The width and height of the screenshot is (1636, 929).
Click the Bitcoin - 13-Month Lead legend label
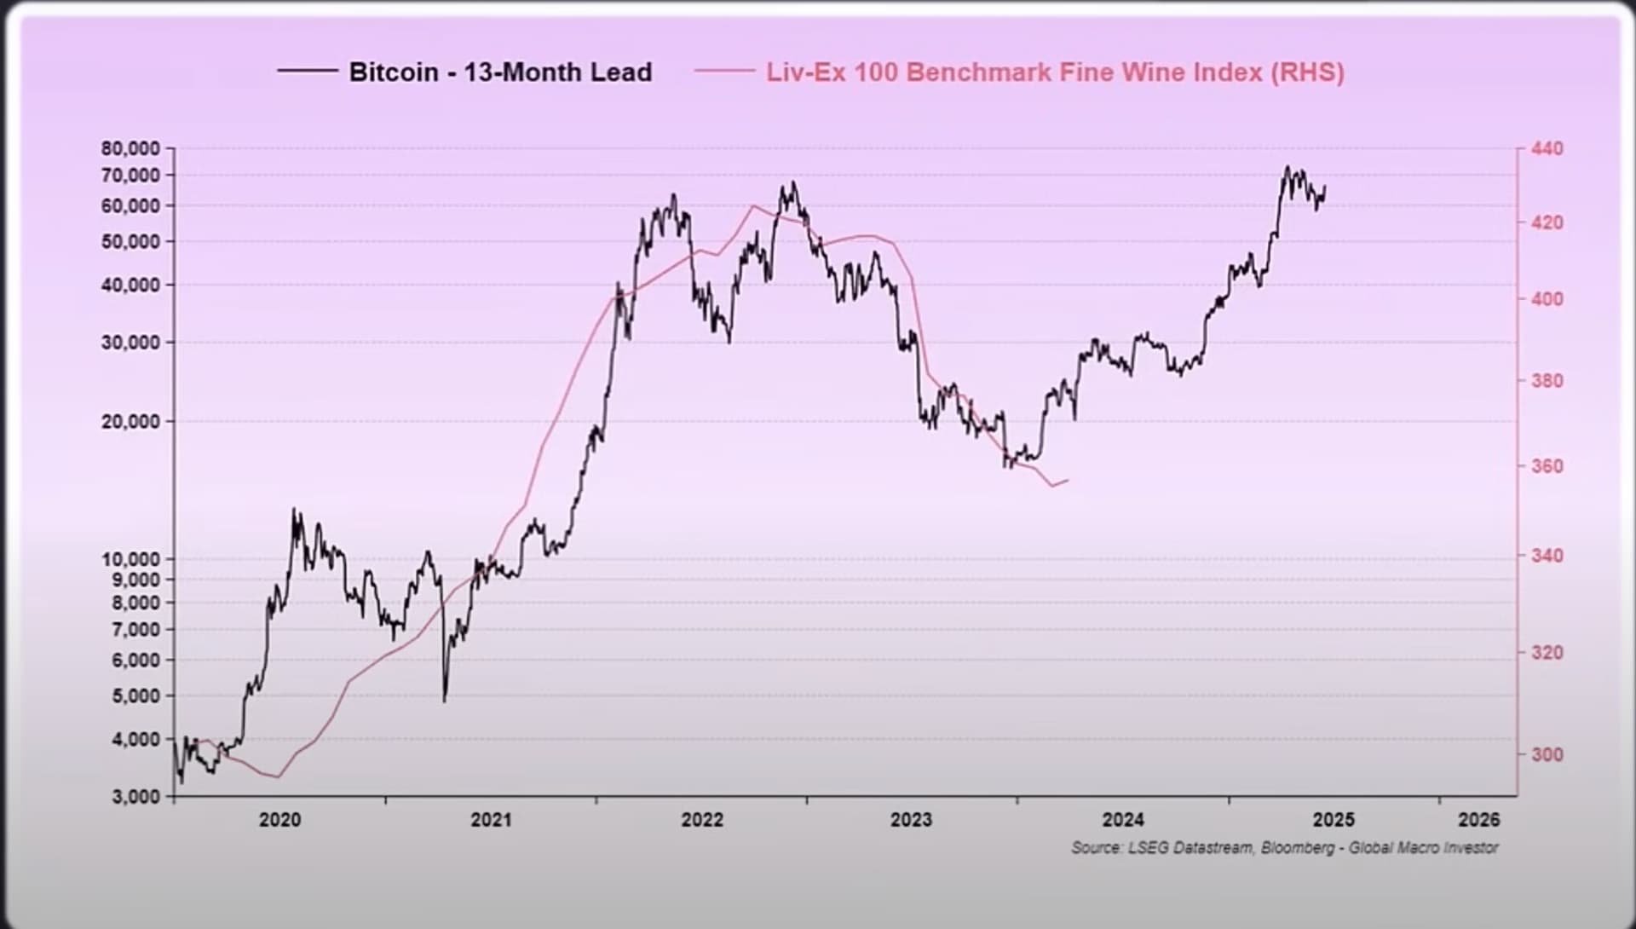tap(500, 72)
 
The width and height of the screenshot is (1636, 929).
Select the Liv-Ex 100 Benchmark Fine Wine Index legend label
tap(1055, 72)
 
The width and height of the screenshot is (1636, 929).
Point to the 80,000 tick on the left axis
tap(130, 148)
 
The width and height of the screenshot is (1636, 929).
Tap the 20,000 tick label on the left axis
tap(130, 421)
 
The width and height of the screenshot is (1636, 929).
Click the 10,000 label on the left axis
tap(130, 559)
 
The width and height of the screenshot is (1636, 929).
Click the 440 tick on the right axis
tap(1547, 149)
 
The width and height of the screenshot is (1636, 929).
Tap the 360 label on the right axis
tap(1547, 466)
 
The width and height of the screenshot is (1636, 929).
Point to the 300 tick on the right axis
tap(1547, 754)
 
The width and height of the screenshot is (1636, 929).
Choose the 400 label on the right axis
tap(1547, 299)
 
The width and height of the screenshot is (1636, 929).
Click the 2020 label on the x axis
tap(279, 820)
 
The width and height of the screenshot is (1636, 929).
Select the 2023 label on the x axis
tap(911, 820)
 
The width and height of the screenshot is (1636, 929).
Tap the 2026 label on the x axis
tap(1478, 820)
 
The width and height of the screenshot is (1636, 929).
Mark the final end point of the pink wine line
tap(1069, 480)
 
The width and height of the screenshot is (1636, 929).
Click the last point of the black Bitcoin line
tap(1325, 187)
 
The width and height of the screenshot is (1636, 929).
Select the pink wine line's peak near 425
tap(753, 205)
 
